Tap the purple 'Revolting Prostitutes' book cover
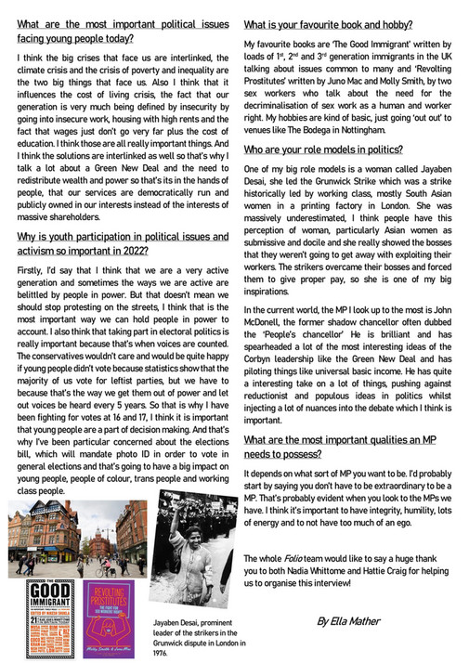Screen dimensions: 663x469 (x=111, y=619)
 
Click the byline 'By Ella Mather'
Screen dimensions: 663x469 (x=359, y=619)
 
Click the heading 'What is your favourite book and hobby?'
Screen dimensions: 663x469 (x=328, y=24)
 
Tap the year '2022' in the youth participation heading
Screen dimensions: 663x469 (x=134, y=250)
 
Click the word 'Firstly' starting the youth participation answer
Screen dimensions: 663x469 (x=31, y=269)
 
